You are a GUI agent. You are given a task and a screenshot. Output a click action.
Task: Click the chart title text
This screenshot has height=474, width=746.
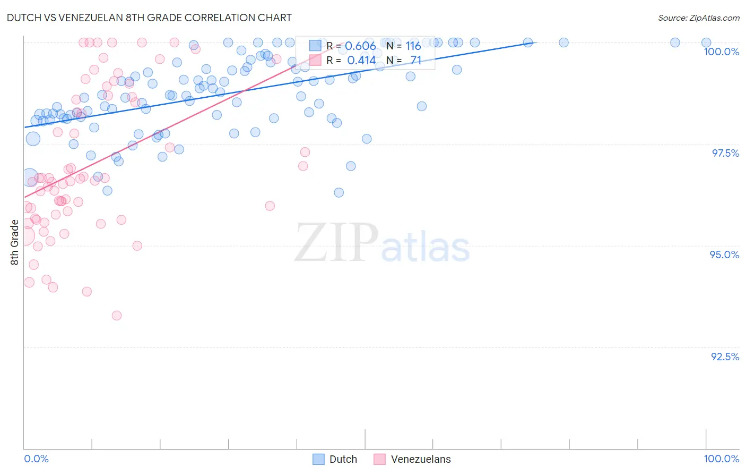coord(149,18)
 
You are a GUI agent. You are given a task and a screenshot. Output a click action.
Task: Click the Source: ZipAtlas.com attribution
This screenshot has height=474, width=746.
coord(698,18)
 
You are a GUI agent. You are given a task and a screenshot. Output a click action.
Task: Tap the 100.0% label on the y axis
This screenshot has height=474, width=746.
coord(721,52)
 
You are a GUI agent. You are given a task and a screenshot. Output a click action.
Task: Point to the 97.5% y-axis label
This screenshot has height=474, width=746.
coord(725,153)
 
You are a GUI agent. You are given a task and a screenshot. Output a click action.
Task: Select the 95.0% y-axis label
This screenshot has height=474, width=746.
coord(724,255)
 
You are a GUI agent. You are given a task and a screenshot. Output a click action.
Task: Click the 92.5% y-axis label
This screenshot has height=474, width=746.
coord(725,357)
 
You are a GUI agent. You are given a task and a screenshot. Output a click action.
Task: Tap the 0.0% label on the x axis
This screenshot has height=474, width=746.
coord(36,459)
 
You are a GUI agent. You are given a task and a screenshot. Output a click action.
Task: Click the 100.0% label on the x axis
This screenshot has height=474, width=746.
coord(721,459)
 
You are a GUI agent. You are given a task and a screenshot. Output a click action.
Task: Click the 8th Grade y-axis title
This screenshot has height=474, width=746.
coord(15,242)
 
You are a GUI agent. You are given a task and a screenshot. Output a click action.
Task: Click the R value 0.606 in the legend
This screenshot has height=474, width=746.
coord(360,46)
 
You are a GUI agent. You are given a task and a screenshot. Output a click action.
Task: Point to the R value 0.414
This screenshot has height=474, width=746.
coord(361,61)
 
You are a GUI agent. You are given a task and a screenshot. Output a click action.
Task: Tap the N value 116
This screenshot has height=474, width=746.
coord(413,46)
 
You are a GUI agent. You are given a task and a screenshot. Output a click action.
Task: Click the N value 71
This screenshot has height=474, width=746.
coord(415,61)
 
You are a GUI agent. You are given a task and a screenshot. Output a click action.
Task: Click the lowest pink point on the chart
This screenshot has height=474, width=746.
coord(117,316)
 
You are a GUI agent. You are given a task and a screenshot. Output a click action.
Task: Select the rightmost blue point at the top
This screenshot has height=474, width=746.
coord(706,43)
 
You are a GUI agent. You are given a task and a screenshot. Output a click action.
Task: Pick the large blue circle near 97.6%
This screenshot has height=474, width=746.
coord(33,139)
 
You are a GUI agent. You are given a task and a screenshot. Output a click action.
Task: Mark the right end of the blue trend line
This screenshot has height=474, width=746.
coord(536,43)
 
